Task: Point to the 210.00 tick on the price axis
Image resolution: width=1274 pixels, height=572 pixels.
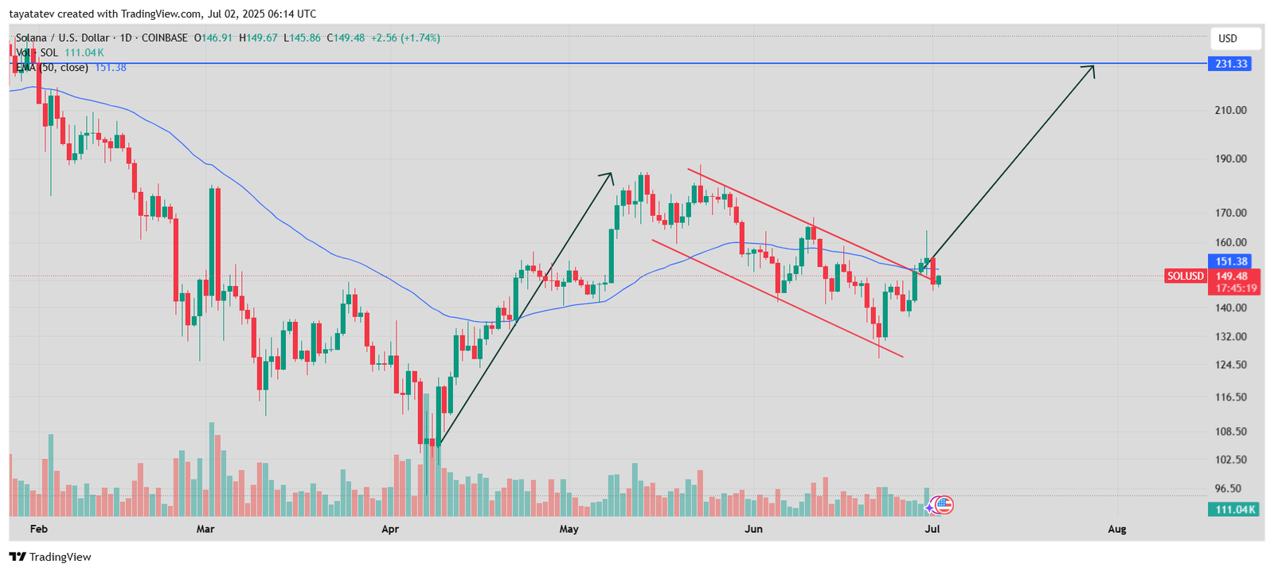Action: click(1230, 110)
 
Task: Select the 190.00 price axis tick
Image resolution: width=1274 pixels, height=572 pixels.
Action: click(1230, 159)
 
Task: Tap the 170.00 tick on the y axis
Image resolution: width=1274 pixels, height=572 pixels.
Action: click(1230, 213)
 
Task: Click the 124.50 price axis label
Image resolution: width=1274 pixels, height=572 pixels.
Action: click(1230, 365)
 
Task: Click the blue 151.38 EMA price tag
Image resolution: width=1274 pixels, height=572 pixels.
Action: click(1231, 261)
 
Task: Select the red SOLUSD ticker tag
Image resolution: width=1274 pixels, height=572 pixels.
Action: click(1185, 276)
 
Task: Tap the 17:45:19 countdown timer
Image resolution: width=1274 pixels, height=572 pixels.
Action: click(1231, 288)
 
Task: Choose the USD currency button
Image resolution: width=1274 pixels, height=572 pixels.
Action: click(1228, 38)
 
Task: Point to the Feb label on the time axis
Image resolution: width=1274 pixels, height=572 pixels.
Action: click(38, 529)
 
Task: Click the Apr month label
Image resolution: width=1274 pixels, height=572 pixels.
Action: click(390, 529)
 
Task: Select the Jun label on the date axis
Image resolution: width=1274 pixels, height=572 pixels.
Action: click(753, 529)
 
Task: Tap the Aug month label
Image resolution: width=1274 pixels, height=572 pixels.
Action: click(1117, 529)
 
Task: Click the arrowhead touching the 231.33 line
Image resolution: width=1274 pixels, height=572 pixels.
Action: click(1091, 69)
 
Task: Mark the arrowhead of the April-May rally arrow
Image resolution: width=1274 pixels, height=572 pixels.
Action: click(609, 176)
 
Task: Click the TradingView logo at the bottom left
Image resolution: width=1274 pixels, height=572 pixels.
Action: click(51, 557)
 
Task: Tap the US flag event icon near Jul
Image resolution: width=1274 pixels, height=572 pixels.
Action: click(944, 504)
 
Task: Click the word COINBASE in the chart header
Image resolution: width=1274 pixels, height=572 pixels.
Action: click(164, 37)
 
